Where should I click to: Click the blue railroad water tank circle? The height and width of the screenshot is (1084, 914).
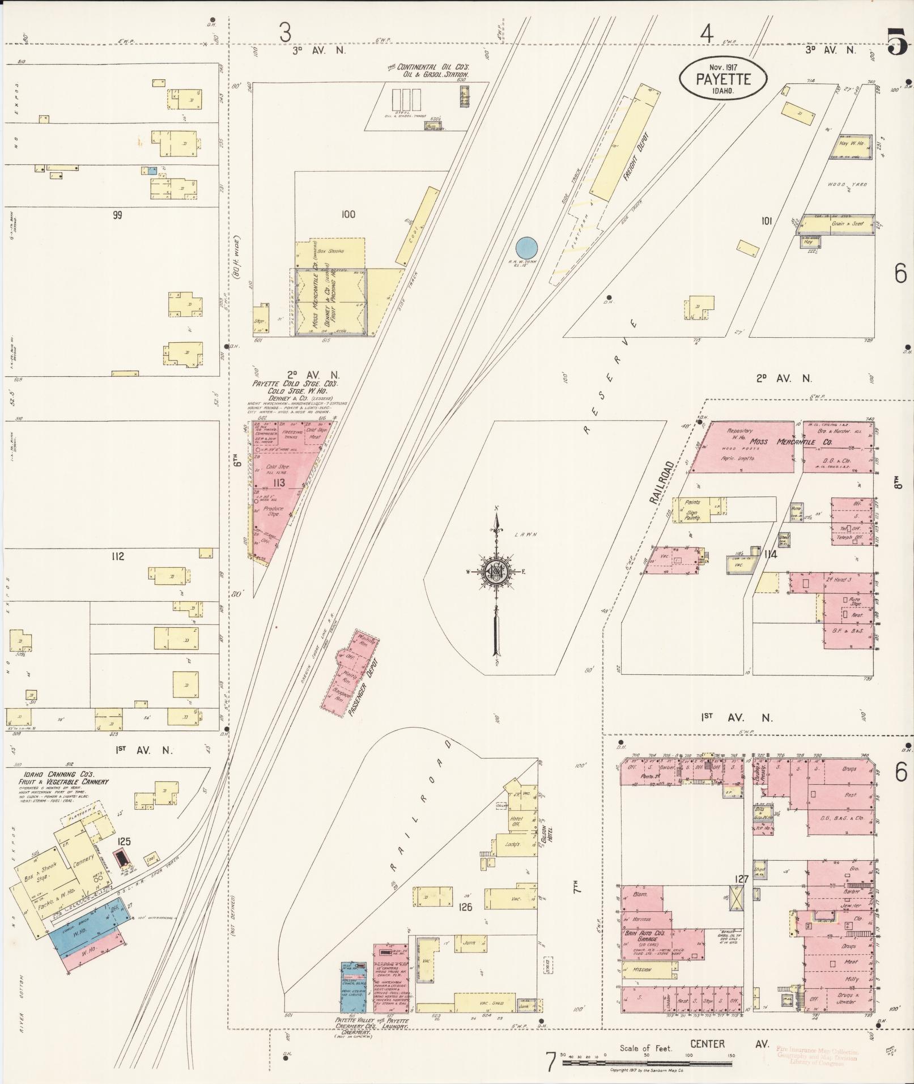[526, 248]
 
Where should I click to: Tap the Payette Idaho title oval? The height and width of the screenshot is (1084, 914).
[722, 79]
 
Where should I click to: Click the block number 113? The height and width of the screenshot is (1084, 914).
[278, 483]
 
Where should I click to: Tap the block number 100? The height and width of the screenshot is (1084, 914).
[348, 214]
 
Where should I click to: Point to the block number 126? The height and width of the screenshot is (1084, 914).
[465, 907]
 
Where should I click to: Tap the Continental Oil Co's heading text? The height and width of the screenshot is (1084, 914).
[430, 67]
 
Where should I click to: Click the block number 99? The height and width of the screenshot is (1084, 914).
[117, 215]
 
